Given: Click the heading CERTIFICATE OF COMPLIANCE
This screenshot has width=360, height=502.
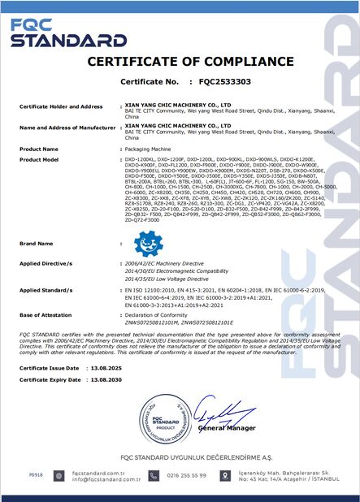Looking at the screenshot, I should [x=179, y=63].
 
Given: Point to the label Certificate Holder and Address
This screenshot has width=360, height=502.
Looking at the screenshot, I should [x=61, y=106].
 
